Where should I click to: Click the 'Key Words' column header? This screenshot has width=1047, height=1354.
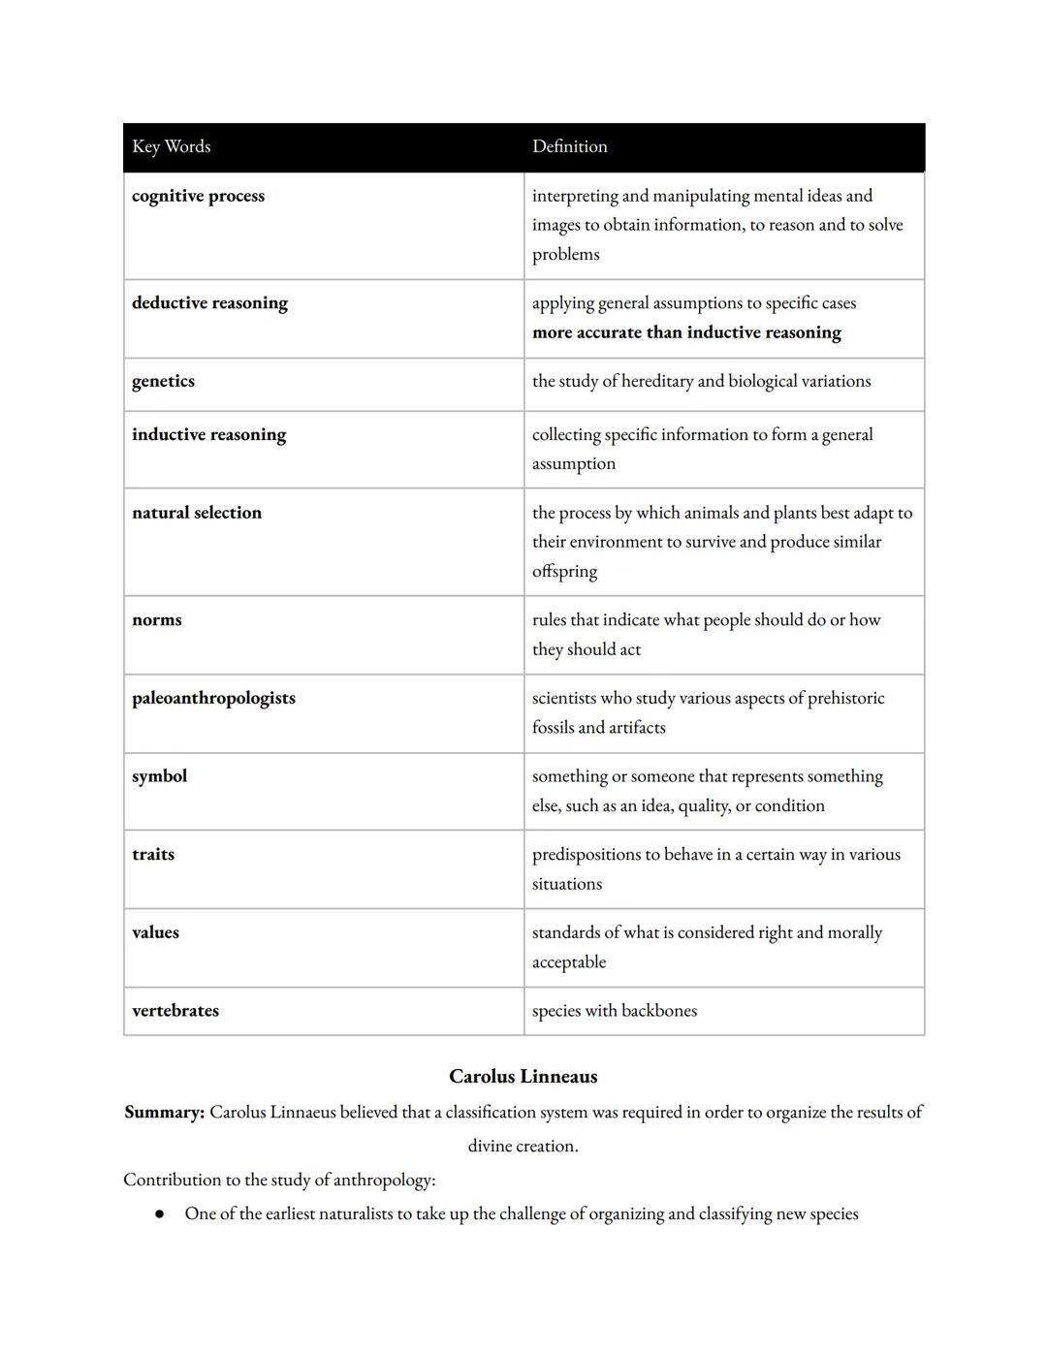click(172, 146)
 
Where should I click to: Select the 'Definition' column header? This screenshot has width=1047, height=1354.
click(569, 146)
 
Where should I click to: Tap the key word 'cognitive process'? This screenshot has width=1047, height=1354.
click(198, 196)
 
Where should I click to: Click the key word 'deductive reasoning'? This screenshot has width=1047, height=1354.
click(209, 302)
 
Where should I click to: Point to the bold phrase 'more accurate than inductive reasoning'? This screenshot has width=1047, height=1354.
click(686, 332)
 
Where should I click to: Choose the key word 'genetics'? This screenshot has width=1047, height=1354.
click(163, 381)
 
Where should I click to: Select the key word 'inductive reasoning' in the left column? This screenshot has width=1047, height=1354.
click(208, 434)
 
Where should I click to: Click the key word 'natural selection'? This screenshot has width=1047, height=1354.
click(197, 513)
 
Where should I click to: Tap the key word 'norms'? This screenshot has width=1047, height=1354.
click(157, 619)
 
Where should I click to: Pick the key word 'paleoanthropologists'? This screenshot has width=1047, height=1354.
click(213, 698)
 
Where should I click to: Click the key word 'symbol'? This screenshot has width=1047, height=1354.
click(160, 776)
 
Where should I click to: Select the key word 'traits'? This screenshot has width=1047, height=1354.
click(153, 854)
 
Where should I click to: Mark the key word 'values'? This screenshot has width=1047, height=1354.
click(155, 932)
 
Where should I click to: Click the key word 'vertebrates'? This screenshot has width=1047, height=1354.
click(175, 1010)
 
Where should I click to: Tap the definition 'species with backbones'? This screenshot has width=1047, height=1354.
click(615, 1010)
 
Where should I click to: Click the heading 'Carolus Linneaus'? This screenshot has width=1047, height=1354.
click(523, 1076)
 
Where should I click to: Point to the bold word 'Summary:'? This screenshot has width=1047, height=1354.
click(164, 1112)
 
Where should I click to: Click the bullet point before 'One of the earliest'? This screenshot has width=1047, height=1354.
click(159, 1214)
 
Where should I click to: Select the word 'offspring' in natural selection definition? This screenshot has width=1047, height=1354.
click(564, 572)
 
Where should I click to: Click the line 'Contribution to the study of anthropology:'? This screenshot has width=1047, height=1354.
click(279, 1180)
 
